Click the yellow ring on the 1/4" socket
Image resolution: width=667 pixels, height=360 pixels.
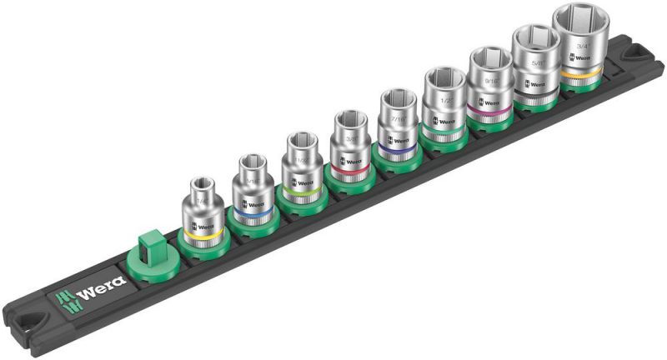tap(202, 237)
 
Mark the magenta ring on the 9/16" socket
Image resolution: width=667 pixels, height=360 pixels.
tap(489, 106)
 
